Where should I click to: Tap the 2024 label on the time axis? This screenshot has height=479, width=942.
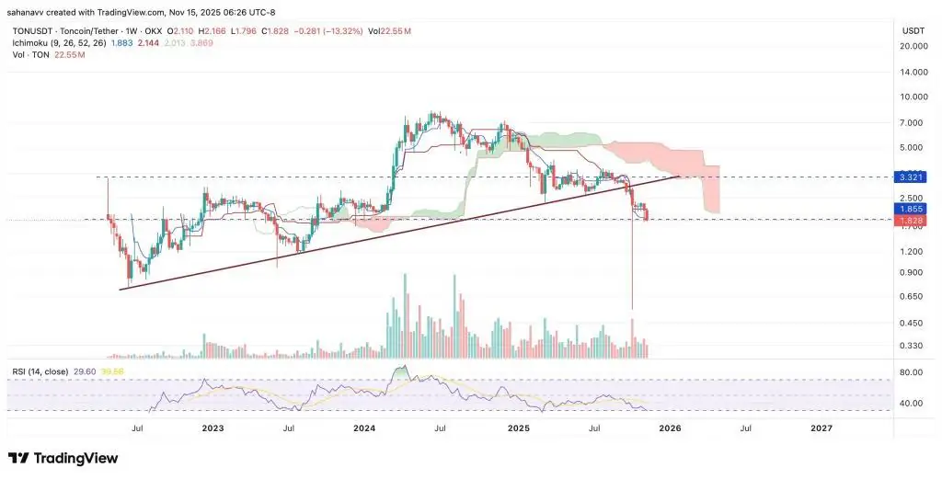pyautogui.click(x=364, y=428)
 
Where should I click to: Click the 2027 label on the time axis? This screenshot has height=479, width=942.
pyautogui.click(x=821, y=428)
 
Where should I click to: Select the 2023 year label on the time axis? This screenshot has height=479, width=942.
pyautogui.click(x=213, y=428)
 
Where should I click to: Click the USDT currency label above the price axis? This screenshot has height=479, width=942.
pyautogui.click(x=913, y=30)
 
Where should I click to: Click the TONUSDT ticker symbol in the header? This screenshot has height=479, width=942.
pyautogui.click(x=32, y=31)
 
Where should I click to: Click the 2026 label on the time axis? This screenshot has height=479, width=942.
pyautogui.click(x=670, y=428)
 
